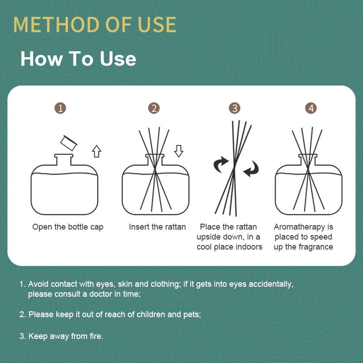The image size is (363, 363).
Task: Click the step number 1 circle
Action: (60, 108)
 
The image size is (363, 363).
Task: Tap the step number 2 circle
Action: (154, 108)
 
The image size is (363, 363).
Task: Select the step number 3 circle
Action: (235, 108)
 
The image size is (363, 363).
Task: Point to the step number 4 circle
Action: (311, 108)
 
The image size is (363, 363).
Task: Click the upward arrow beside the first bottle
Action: (97, 151)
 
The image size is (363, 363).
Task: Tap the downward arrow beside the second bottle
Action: (179, 151)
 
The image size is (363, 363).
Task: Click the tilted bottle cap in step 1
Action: (69, 143)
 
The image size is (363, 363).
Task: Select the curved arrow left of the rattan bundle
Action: (220, 164)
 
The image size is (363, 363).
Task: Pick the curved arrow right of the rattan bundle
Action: (252, 169)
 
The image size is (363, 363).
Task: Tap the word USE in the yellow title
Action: (157, 25)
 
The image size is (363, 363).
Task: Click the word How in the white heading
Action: (42, 59)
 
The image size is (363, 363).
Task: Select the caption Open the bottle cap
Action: (68, 227)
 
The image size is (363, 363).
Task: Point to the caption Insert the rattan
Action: (157, 227)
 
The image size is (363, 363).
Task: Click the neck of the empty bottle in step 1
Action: (64, 160)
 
